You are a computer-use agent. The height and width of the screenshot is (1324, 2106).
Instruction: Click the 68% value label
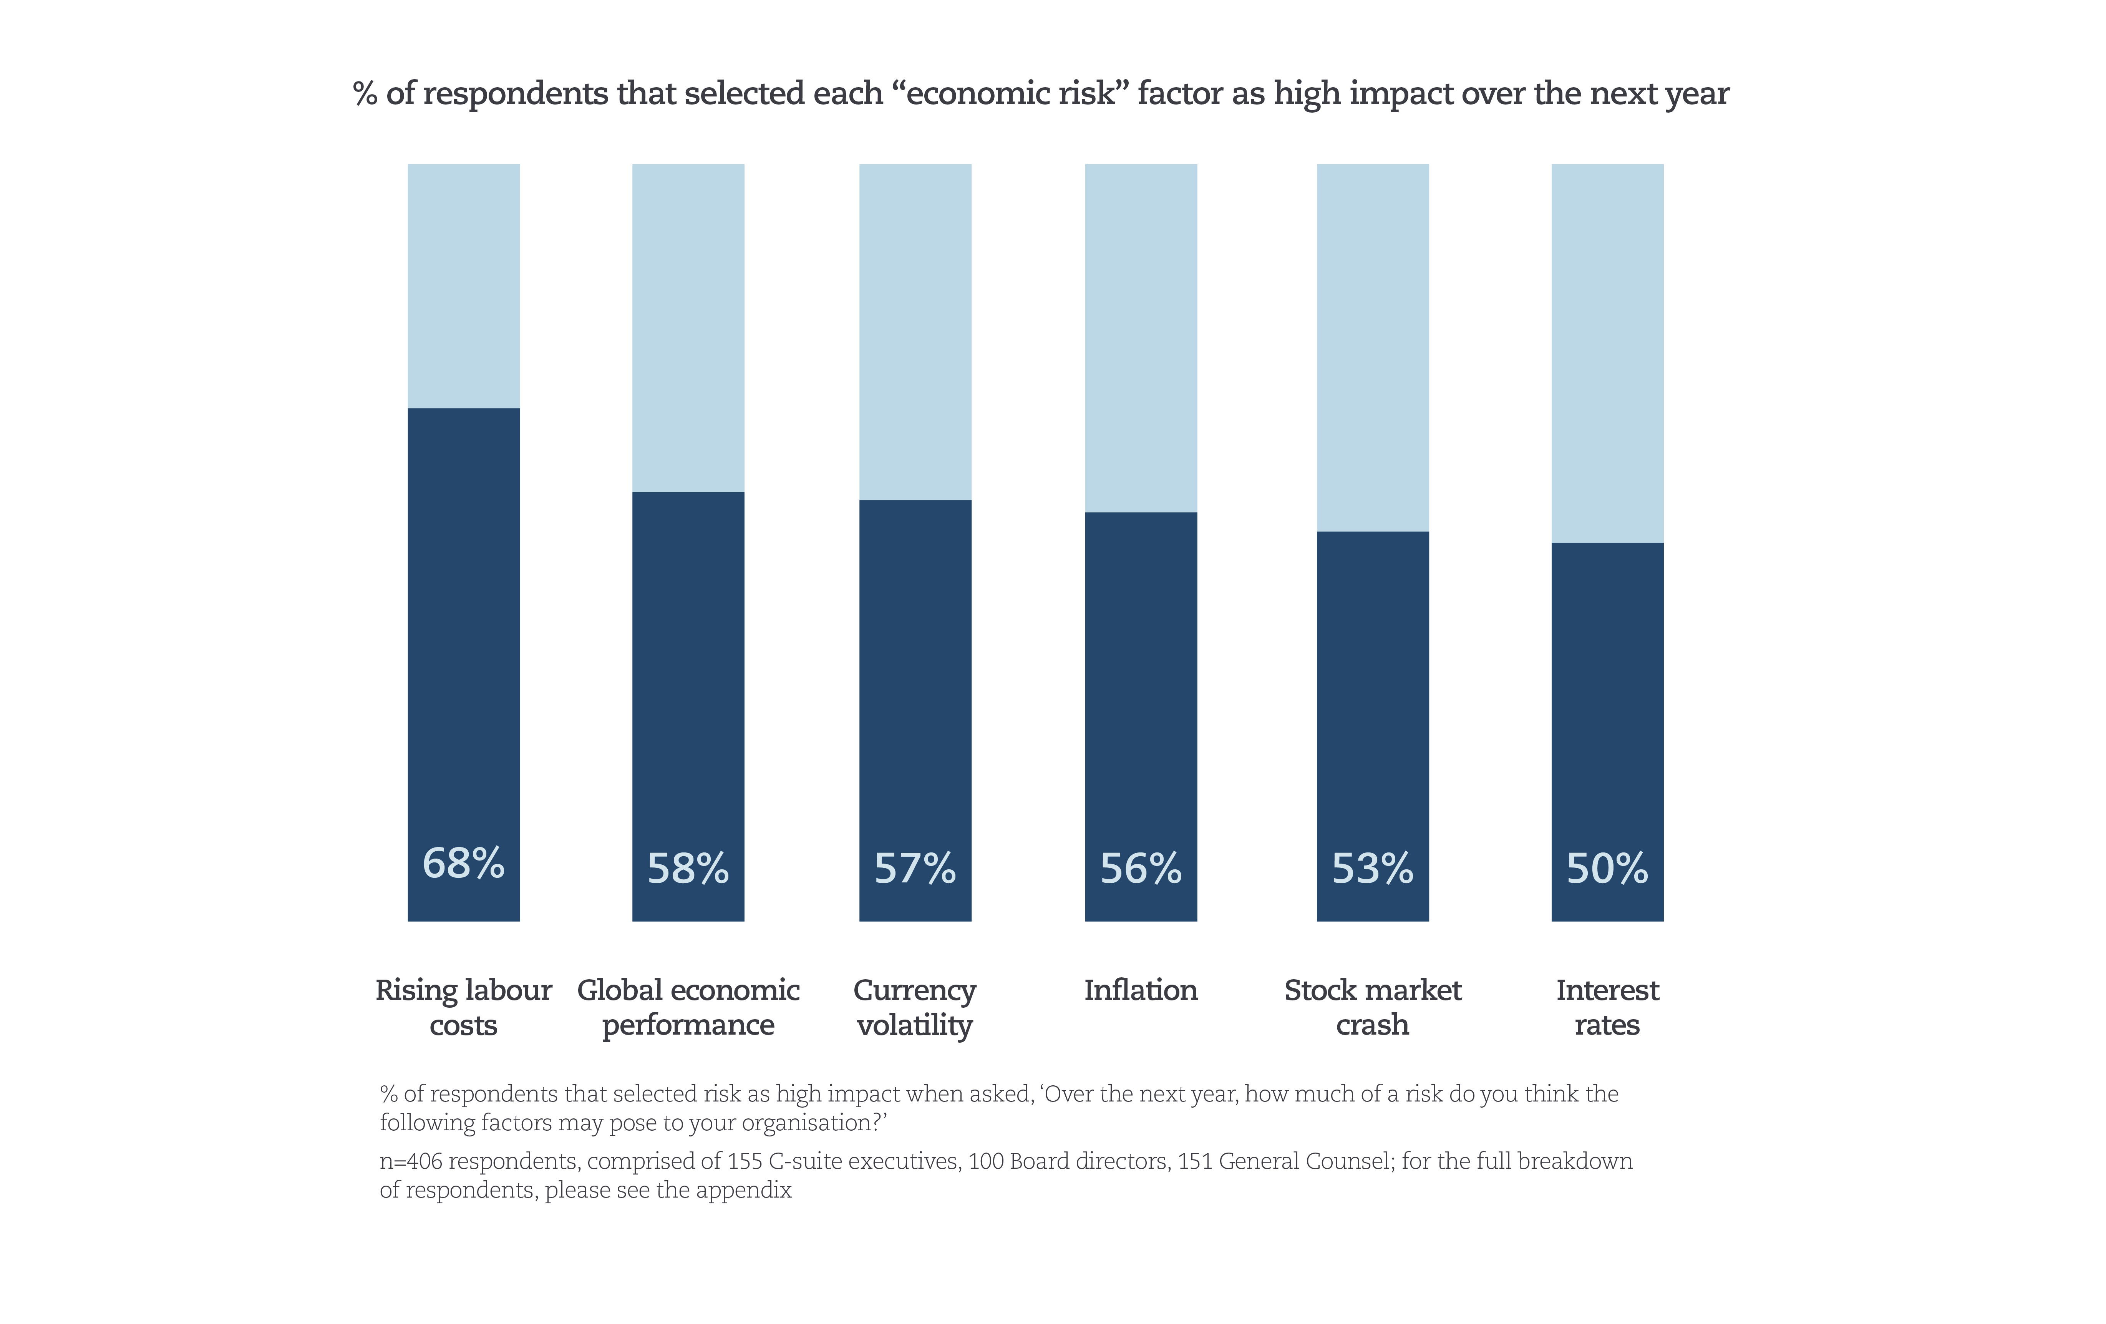coord(464,864)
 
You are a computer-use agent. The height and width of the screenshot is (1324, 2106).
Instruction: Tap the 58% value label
coord(688,869)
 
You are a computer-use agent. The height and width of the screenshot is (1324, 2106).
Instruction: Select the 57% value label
coord(915,869)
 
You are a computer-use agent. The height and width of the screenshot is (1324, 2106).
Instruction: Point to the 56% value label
coord(1141,869)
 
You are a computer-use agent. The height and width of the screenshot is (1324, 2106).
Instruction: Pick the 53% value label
coord(1372,869)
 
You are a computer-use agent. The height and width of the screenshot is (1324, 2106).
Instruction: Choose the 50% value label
coord(1607,869)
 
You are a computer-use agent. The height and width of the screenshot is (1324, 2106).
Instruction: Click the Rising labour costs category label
coord(464,1007)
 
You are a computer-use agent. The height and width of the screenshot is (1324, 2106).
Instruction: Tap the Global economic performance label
coord(688,1007)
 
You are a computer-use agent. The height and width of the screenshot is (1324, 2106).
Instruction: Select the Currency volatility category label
coord(915,1007)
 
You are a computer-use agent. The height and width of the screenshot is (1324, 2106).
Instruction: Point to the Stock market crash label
coord(1372,1007)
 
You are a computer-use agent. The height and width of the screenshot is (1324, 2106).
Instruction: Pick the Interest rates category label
coord(1607,1007)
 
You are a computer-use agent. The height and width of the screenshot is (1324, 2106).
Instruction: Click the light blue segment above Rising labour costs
coord(464,285)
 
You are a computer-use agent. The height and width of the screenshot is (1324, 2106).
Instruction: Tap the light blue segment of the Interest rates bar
coord(1607,353)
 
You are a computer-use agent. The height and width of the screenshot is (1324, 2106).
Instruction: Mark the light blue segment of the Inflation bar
coord(1141,338)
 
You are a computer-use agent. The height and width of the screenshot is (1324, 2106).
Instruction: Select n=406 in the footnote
coord(411,1161)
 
